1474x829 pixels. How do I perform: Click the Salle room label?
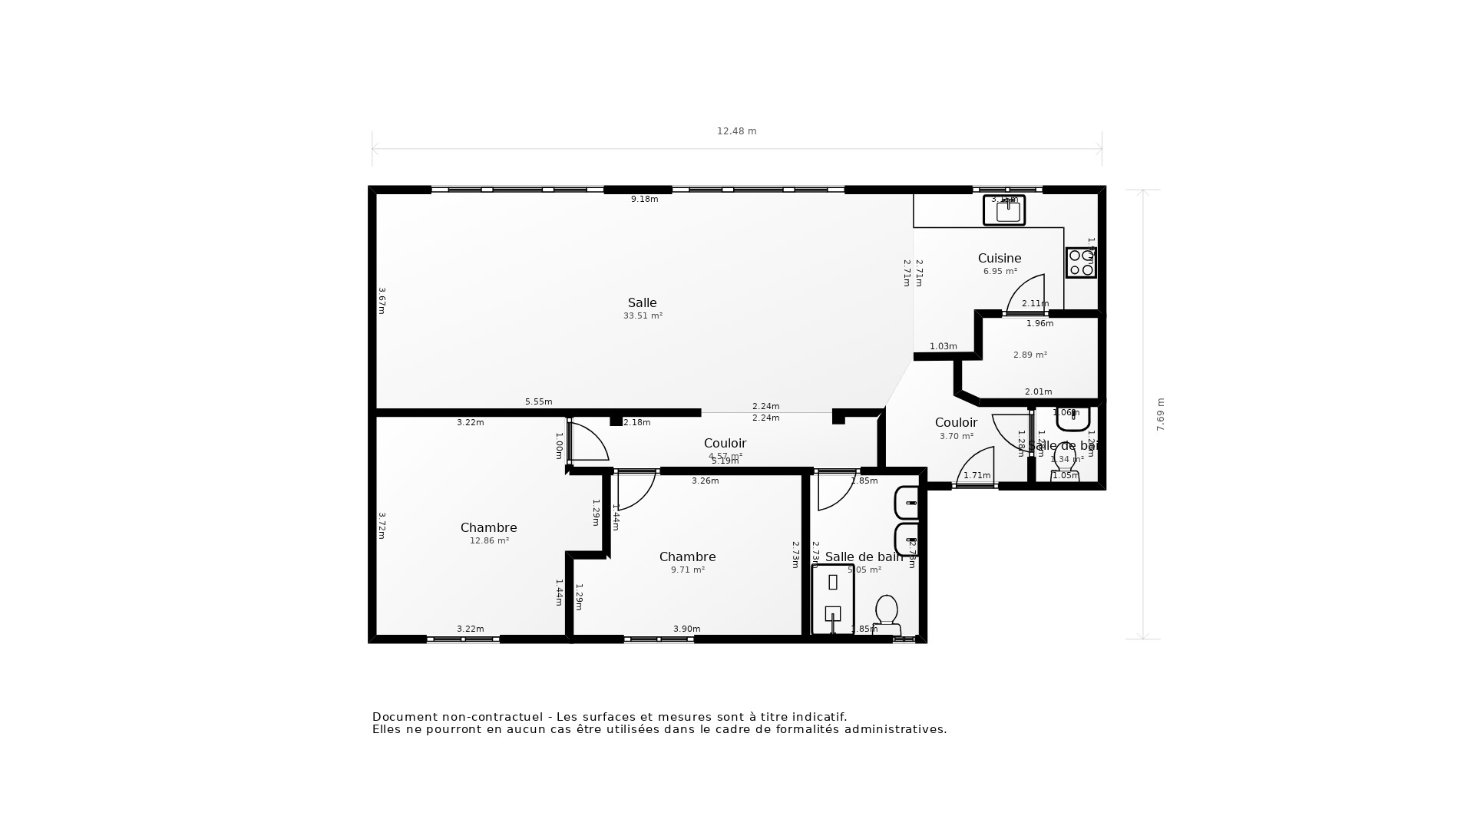click(x=642, y=302)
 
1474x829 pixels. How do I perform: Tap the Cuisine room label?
click(x=999, y=258)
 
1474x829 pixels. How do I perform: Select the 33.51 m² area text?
click(x=643, y=316)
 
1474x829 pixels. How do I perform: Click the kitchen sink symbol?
click(x=1004, y=210)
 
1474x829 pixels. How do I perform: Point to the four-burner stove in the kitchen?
click(x=1081, y=263)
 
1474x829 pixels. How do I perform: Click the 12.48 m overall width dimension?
click(x=736, y=131)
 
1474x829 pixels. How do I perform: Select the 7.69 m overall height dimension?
click(x=1160, y=414)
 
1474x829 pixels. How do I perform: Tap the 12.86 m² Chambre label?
click(x=488, y=527)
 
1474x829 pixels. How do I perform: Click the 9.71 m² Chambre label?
click(x=687, y=557)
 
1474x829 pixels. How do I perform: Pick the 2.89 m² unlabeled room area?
click(x=1029, y=355)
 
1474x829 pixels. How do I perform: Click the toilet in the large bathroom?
click(x=887, y=614)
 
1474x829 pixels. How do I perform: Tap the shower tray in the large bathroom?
click(x=833, y=599)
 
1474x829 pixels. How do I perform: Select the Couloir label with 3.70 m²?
click(x=956, y=422)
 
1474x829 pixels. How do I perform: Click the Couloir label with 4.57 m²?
click(x=725, y=443)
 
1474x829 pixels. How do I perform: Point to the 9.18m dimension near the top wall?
click(x=644, y=200)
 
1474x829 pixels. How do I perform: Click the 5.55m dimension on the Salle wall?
click(x=538, y=402)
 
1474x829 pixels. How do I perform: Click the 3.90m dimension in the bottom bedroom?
click(x=686, y=629)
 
